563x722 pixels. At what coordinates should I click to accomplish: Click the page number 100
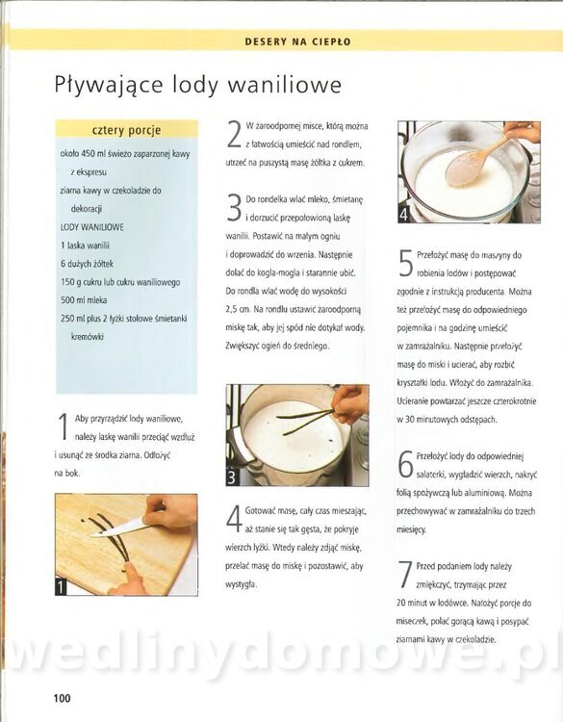[x=63, y=698]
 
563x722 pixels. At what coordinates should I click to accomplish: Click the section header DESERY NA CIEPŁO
[x=297, y=42]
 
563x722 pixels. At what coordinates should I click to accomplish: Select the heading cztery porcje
[x=127, y=130]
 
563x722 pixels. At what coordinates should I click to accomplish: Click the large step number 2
[x=234, y=135]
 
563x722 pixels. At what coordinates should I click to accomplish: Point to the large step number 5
[x=405, y=264]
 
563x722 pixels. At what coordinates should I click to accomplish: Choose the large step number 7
[x=405, y=575]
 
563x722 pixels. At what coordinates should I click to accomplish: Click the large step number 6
[x=405, y=465]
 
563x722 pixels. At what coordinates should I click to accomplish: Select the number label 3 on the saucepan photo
[x=232, y=477]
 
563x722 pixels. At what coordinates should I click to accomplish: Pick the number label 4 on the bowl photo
[x=403, y=215]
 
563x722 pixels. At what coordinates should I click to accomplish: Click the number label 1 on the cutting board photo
[x=61, y=587]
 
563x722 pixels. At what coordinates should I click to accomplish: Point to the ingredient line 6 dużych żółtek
[x=87, y=264]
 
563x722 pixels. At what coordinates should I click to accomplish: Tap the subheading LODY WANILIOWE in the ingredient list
[x=92, y=227]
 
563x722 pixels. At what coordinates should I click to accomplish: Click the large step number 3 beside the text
[x=234, y=208]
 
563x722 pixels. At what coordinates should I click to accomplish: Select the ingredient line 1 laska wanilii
[x=85, y=245]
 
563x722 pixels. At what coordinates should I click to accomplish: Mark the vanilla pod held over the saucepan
[x=306, y=420]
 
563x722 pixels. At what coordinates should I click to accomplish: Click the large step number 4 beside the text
[x=234, y=519]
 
